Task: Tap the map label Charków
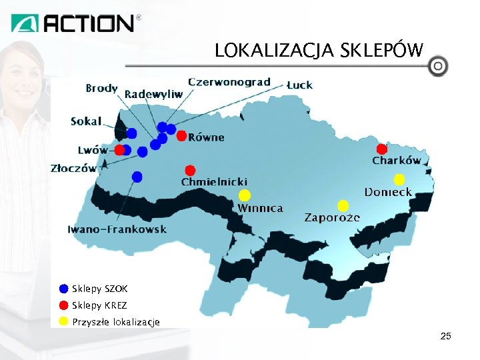pyautogui.click(x=397, y=161)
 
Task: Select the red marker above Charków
pyautogui.click(x=381, y=149)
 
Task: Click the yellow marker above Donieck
pyautogui.click(x=399, y=179)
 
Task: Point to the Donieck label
pyautogui.click(x=388, y=192)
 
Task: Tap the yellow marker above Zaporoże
pyautogui.click(x=343, y=205)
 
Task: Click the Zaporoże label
pyautogui.click(x=332, y=218)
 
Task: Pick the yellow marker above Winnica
pyautogui.click(x=245, y=195)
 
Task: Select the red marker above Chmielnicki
pyautogui.click(x=190, y=170)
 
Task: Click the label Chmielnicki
pyautogui.click(x=215, y=181)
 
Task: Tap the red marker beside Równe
pyautogui.click(x=181, y=136)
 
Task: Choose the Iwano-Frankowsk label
pyautogui.click(x=117, y=229)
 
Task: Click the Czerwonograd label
pyautogui.click(x=229, y=82)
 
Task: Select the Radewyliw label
pyautogui.click(x=153, y=95)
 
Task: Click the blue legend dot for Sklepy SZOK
pyautogui.click(x=63, y=289)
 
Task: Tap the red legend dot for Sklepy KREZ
pyautogui.click(x=63, y=306)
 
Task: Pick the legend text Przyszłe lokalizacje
pyautogui.click(x=116, y=323)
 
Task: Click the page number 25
pyautogui.click(x=446, y=337)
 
